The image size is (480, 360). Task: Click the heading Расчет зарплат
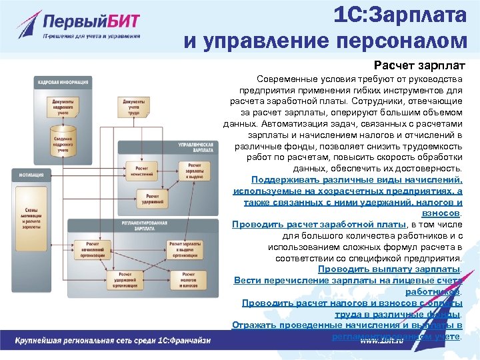coord(419,66)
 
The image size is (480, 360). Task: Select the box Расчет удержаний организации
coord(131,277)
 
